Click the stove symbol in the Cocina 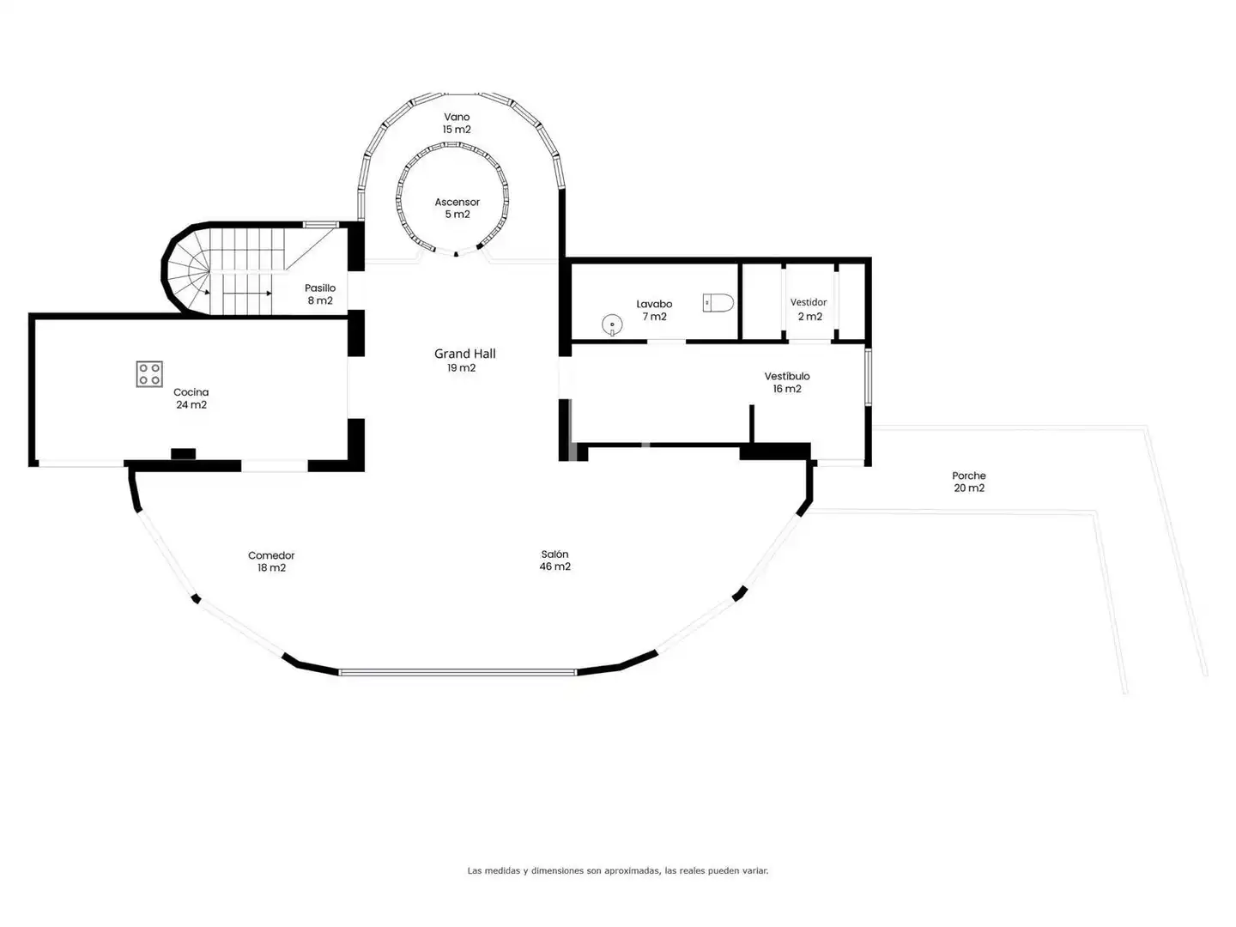(x=149, y=374)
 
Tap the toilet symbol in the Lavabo (x=718, y=303)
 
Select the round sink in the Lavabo (x=612, y=324)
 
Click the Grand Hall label (x=464, y=354)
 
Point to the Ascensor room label (x=457, y=202)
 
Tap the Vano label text (x=457, y=117)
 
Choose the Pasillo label (x=320, y=288)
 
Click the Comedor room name (x=271, y=555)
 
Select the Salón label (x=554, y=554)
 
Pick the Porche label (x=968, y=476)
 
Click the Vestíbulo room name (x=786, y=376)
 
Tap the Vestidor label (x=808, y=302)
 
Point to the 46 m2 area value (x=554, y=566)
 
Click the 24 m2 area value (x=191, y=404)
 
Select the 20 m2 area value (x=968, y=488)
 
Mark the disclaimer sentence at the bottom (x=618, y=870)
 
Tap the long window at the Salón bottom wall (x=457, y=672)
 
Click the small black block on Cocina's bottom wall (x=183, y=454)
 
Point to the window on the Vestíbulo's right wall (x=869, y=377)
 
